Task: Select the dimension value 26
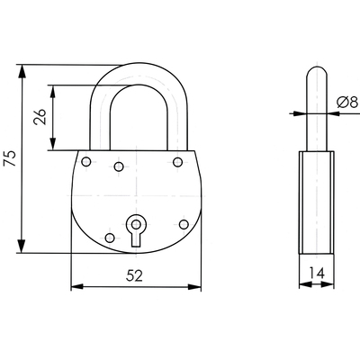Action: point(40,117)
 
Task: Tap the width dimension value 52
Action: point(134,275)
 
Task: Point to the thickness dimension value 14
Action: point(317,273)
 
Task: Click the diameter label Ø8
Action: point(347,102)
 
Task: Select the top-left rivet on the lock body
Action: point(86,162)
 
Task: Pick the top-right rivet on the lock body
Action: point(177,162)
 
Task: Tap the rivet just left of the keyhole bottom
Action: point(110,238)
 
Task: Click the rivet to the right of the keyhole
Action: point(184,224)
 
